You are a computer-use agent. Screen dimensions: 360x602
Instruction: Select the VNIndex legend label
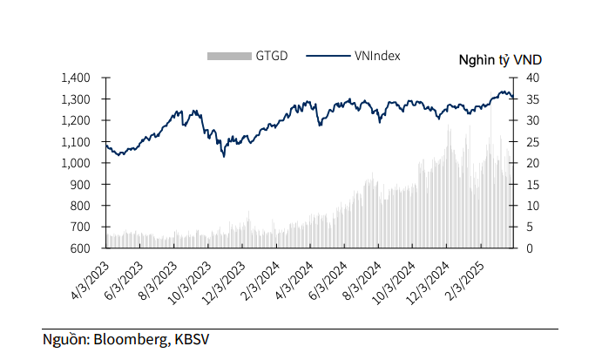point(378,56)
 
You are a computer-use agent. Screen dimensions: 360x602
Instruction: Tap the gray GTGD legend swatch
point(229,57)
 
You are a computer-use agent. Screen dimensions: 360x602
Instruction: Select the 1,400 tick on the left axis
point(77,78)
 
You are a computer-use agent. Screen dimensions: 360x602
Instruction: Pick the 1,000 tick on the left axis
point(77,163)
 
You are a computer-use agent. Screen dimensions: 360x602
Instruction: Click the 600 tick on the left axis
point(81,248)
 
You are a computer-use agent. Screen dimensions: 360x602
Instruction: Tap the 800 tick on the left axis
point(81,206)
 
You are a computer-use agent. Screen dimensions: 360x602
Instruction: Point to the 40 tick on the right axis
point(531,78)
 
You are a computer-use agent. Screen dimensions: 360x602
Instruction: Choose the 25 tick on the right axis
point(531,142)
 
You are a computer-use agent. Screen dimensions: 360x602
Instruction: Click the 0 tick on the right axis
point(528,248)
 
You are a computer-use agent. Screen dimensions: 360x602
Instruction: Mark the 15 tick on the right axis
point(531,185)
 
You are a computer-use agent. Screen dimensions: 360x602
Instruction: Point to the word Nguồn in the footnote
point(66,339)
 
